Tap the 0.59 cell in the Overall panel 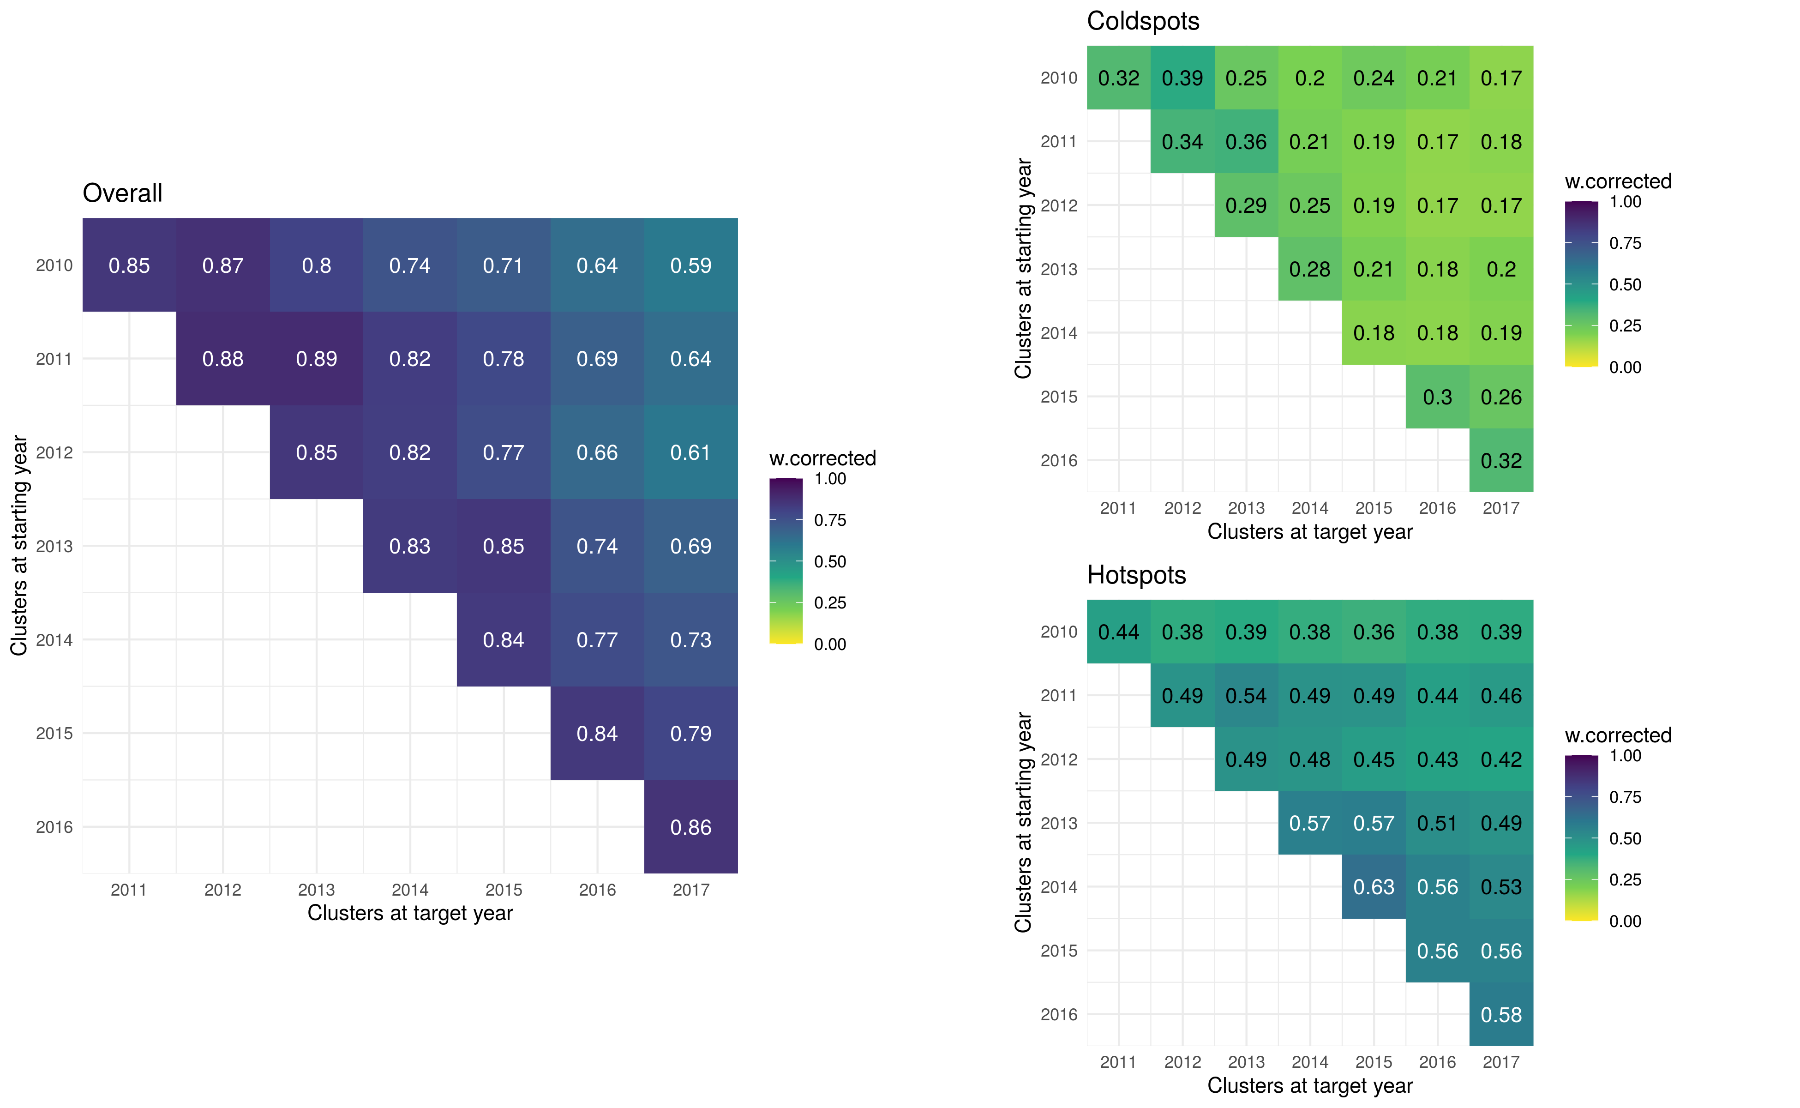691,265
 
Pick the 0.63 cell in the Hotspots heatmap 1374,887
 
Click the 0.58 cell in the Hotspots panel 1501,1014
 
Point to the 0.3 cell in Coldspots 1437,397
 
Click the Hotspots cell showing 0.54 1246,695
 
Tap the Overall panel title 122,193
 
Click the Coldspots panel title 1143,21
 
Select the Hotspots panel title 1136,575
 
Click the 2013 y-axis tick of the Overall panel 54,546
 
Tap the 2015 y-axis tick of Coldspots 1059,397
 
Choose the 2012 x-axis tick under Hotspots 1182,1062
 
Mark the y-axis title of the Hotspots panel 1023,822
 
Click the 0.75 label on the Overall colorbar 830,520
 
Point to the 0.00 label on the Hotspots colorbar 1625,921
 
